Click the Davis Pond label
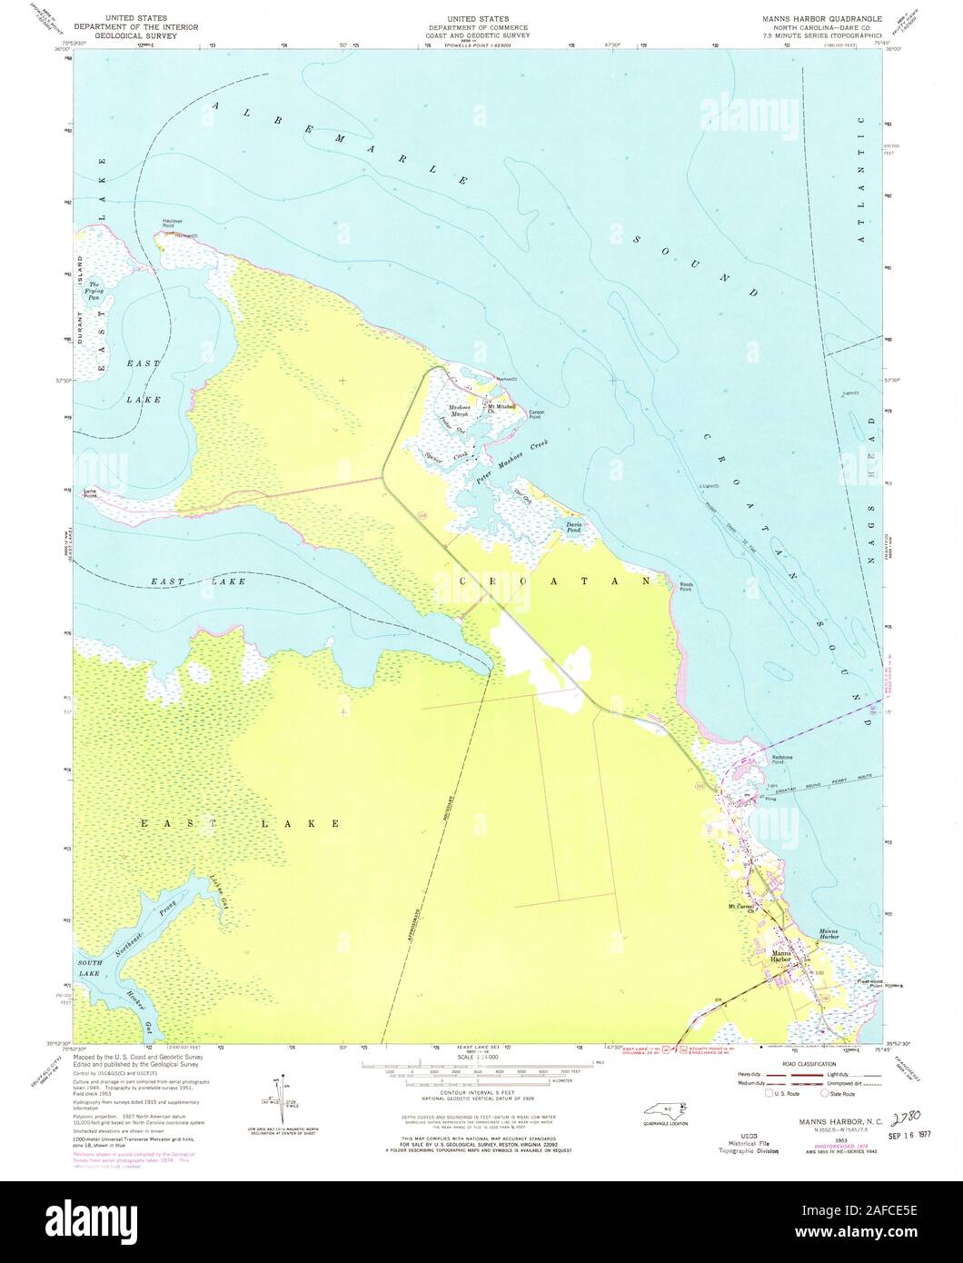point(573,527)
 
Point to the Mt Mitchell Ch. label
point(501,409)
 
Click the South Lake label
point(89,969)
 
